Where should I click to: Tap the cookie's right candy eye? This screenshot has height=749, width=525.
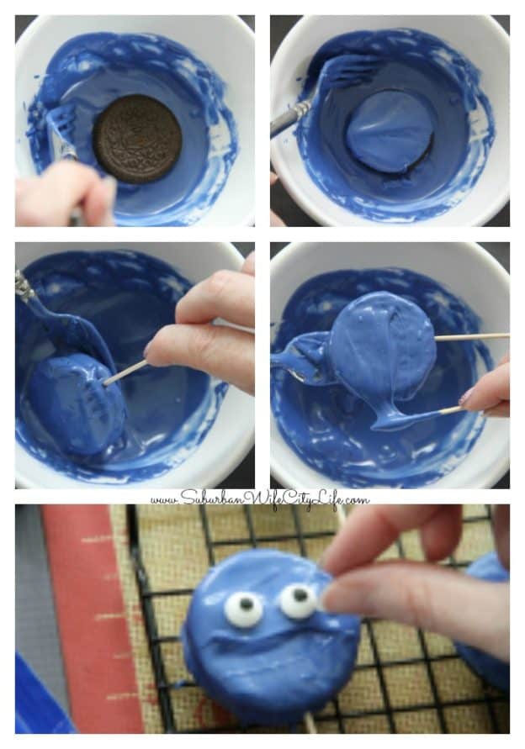pyautogui.click(x=299, y=599)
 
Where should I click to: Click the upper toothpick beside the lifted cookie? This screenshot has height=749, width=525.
pyautogui.click(x=472, y=337)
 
